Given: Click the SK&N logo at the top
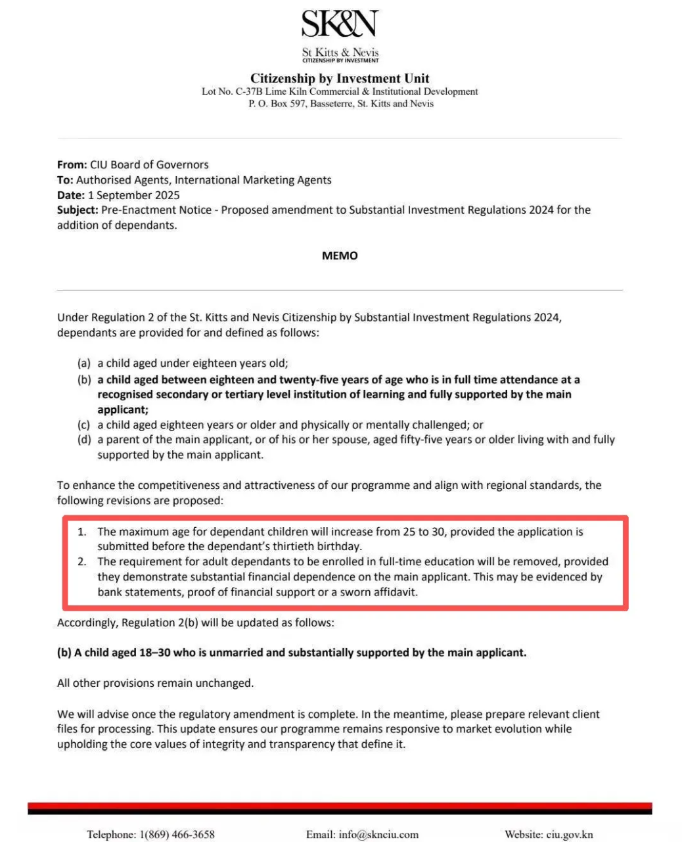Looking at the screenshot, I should pos(340,24).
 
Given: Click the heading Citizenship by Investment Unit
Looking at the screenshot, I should pos(340,78).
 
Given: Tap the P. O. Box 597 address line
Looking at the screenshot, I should pos(340,104).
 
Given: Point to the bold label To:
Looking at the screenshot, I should pos(65,180).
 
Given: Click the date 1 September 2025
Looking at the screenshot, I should pos(133,195).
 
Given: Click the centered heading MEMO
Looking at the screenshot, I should pos(340,256).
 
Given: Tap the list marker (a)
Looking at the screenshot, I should pos(84,363).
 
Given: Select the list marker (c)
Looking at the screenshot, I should pos(84,425).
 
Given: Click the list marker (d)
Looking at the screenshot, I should pos(84,440).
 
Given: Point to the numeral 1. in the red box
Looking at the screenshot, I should pos(82,532).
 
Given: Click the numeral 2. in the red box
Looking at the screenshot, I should pos(82,562).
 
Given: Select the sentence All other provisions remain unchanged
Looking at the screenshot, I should pos(155,683).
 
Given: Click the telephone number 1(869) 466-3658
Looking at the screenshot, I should pos(177,835).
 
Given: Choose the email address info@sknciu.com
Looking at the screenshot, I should pos(378,835).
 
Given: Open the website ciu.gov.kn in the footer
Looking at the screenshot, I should pos(569,835).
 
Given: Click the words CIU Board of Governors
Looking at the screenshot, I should pos(149,165).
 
